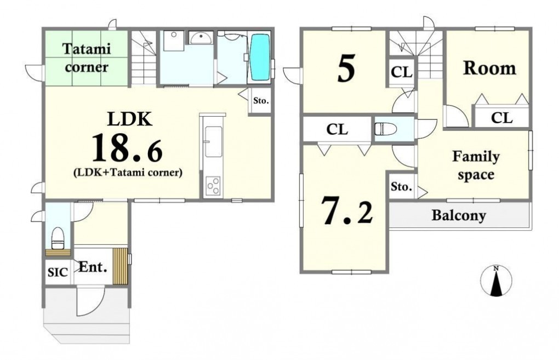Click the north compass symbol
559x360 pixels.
[x=496, y=281]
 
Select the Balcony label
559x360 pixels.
[x=459, y=215]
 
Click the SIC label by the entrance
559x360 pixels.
[x=58, y=272]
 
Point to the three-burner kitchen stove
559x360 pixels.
[x=213, y=186]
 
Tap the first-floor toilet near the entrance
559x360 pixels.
[x=58, y=237]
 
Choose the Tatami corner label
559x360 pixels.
[x=86, y=58]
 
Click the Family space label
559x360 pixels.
[x=476, y=165]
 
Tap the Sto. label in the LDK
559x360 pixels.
[x=261, y=101]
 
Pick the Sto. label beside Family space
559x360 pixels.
[x=401, y=186]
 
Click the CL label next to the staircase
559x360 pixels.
[x=401, y=72]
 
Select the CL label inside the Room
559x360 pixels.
[x=501, y=118]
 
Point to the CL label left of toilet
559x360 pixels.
[x=337, y=129]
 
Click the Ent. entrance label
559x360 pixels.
[x=93, y=267]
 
